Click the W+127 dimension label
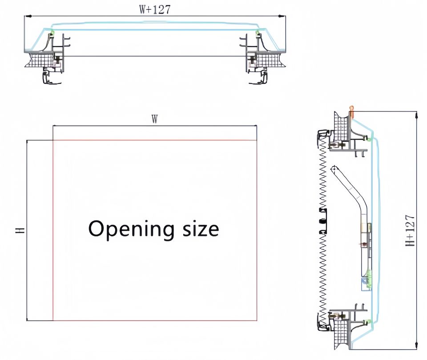coord(155,9)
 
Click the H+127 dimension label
coord(411,231)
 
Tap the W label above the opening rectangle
coord(155,119)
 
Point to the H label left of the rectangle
coord(20,231)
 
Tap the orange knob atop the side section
coord(352,111)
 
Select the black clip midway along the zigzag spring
coord(323,221)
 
